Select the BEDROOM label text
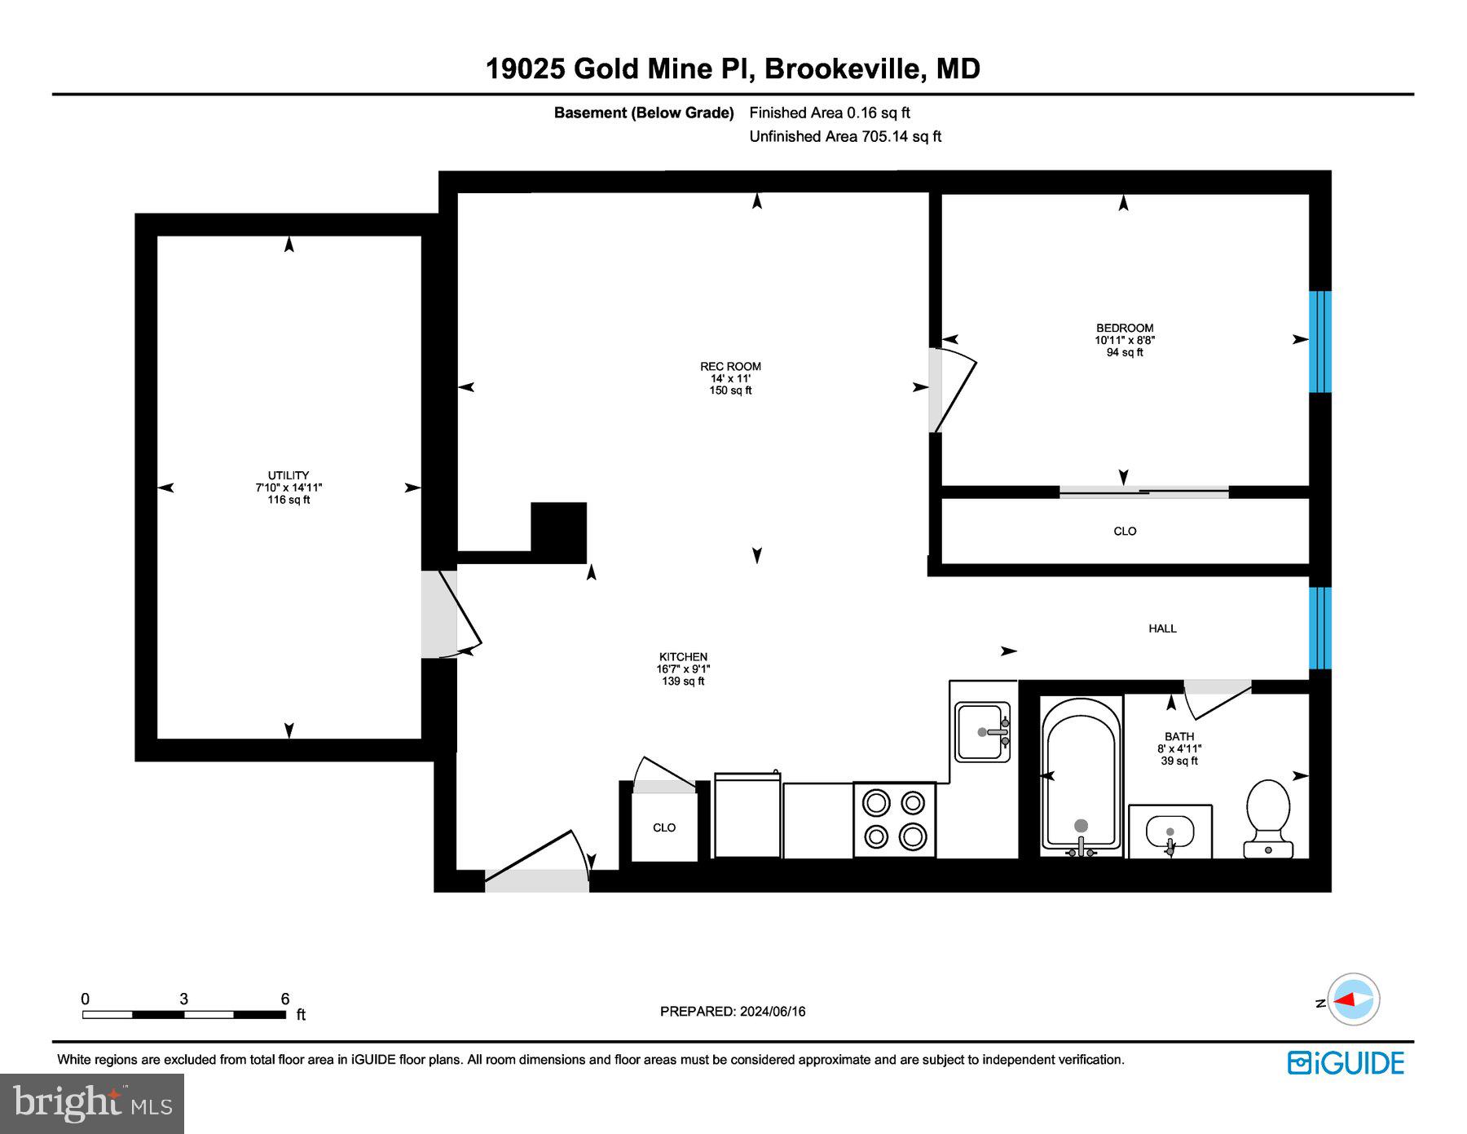tap(1125, 329)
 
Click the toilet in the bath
tap(1268, 819)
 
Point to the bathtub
tap(1081, 774)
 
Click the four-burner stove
tap(894, 819)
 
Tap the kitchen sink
tap(982, 731)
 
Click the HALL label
tap(1162, 629)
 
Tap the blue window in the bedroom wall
tap(1319, 342)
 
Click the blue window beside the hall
tap(1319, 628)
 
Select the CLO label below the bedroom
tap(1125, 531)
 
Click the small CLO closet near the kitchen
tap(664, 827)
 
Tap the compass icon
tap(1353, 999)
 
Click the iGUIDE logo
tap(1346, 1063)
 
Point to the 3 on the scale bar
tap(184, 999)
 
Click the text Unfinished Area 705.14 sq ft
tap(845, 137)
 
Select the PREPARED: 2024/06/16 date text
tap(733, 1012)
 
